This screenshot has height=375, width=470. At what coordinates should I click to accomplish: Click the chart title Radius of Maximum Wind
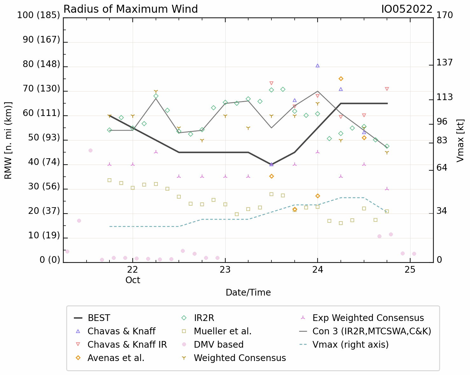coord(130,9)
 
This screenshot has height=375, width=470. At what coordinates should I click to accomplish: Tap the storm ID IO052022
coord(407,10)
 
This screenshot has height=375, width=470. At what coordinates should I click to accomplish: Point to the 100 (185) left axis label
coord(39,15)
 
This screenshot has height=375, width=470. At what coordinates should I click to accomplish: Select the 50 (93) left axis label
coord(44,137)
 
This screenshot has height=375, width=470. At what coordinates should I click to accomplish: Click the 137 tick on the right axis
coord(445,63)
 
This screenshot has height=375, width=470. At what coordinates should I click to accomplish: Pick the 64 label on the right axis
coord(442,168)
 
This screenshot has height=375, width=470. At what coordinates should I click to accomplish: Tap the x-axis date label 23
coord(225,270)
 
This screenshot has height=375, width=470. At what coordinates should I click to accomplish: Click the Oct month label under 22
coord(133,280)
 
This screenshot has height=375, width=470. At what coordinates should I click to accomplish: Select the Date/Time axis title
coord(248,293)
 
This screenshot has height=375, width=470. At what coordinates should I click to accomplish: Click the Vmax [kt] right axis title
coord(460,141)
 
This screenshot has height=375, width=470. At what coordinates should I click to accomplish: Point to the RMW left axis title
coord(8,140)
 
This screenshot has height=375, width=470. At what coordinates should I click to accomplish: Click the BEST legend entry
coord(92,318)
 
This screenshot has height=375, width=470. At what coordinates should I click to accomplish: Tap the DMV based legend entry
coord(213,345)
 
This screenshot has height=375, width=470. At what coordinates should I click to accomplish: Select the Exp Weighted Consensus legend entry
coord(362,318)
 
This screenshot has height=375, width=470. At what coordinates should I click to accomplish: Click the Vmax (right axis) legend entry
coord(344,345)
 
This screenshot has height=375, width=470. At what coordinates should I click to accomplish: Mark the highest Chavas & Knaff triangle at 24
coord(318,66)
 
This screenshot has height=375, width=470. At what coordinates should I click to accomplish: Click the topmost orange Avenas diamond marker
coord(341,79)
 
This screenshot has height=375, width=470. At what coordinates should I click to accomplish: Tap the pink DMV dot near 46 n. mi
coord(90,151)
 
